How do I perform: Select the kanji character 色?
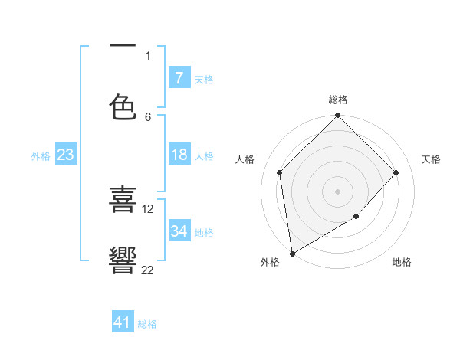(123, 107)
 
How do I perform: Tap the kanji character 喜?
(123, 200)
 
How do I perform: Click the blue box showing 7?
(179, 77)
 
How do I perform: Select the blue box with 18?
(179, 155)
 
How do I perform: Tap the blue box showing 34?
(179, 231)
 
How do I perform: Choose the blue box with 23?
(65, 155)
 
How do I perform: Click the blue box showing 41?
(123, 322)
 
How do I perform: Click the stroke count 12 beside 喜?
(148, 208)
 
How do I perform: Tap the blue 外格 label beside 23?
(41, 155)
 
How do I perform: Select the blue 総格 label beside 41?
(147, 323)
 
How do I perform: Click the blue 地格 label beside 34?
(204, 232)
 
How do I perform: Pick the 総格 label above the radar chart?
(338, 100)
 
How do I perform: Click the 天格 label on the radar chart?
(431, 159)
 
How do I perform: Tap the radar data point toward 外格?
(292, 254)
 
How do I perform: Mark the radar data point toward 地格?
(356, 217)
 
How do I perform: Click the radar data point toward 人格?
(280, 172)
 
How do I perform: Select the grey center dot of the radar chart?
(338, 191)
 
